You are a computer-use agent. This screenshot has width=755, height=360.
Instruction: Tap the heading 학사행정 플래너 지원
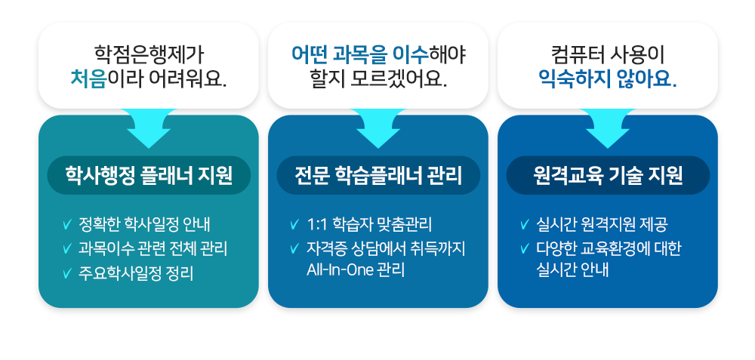[x=149, y=176]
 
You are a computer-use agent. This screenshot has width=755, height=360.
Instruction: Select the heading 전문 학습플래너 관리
[x=378, y=176]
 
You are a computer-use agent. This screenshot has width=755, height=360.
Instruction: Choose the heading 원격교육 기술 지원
[x=608, y=176]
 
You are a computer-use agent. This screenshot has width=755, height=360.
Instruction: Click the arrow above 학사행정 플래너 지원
[x=149, y=128]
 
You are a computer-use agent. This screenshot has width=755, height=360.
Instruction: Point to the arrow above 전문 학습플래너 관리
[x=378, y=128]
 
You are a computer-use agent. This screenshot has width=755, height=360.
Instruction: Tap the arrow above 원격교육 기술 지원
[x=608, y=128]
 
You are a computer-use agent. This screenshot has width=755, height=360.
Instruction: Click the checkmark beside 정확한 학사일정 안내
[x=67, y=224]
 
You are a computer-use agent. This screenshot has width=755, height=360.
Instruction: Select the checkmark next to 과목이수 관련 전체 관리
[x=67, y=249]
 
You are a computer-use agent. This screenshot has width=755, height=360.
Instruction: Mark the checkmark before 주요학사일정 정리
[x=67, y=274]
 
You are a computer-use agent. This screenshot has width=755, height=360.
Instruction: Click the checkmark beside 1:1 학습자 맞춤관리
[x=294, y=224]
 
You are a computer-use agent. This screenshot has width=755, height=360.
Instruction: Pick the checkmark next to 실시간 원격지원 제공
[x=525, y=224]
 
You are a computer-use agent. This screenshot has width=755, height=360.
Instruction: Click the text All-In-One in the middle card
[x=340, y=270]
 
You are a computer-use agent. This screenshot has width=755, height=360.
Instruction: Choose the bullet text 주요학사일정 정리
[x=136, y=274]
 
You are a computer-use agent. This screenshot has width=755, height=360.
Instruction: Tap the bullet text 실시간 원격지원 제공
[x=602, y=224]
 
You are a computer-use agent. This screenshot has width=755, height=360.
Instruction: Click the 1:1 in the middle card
[x=315, y=225]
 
